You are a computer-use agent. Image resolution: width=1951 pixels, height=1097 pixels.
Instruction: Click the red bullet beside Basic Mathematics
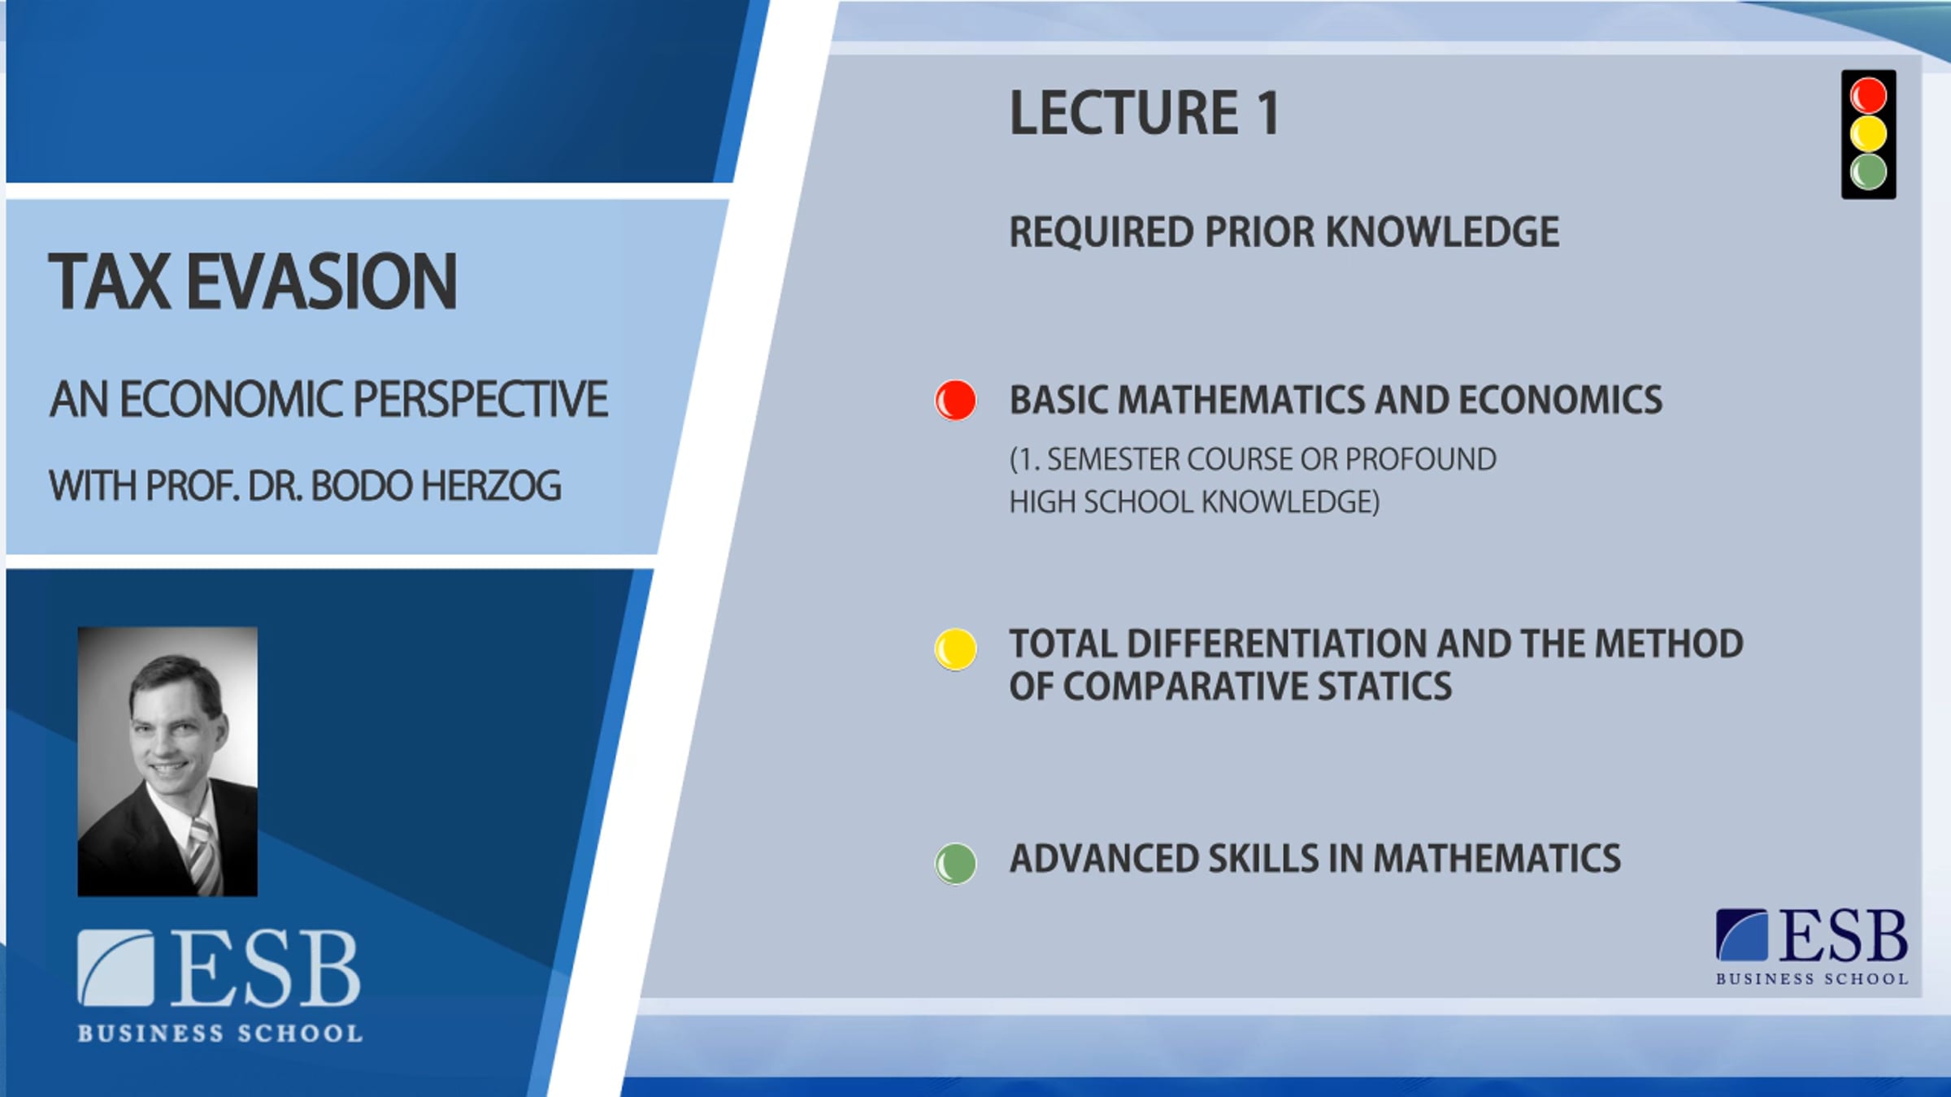(955, 400)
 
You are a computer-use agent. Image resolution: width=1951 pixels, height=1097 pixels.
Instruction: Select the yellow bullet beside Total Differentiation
(955, 649)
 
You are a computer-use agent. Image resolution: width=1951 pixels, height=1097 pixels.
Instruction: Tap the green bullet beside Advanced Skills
(955, 863)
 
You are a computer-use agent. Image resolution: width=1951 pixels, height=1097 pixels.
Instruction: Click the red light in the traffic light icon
(1868, 95)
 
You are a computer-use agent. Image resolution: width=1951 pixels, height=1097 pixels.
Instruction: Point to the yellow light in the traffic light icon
(1868, 134)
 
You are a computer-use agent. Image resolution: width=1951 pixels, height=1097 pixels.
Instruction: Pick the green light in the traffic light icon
(1868, 172)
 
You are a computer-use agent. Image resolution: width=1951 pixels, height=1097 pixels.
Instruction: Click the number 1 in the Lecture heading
(1268, 112)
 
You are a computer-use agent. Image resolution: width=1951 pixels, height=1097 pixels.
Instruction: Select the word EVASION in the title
(322, 281)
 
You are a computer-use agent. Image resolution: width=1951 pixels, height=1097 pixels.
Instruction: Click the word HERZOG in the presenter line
(491, 486)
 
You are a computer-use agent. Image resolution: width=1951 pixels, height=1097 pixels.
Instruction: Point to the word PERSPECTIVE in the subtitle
(480, 399)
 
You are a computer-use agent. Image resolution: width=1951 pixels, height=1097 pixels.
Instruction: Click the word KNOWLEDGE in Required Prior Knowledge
(1442, 232)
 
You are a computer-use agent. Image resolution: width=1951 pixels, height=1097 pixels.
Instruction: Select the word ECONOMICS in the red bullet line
(1560, 400)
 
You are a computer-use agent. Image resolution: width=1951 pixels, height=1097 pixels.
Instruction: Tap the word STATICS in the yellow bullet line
(1384, 687)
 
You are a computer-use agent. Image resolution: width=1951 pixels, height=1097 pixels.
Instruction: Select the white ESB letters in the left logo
(265, 968)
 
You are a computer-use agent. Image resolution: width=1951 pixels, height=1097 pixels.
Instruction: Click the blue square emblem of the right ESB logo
(1741, 934)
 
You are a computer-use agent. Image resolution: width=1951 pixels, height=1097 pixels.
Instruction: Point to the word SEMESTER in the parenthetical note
(1113, 459)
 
